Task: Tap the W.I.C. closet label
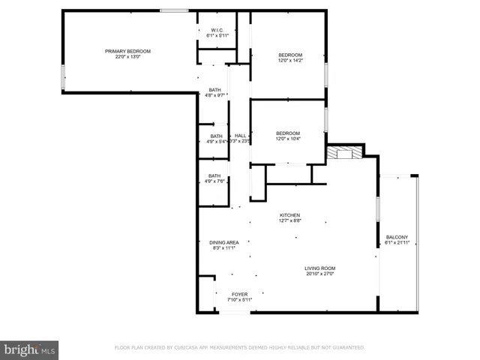217,30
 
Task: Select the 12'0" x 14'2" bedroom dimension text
290,61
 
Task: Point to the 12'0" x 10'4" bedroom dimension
288,139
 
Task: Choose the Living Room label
319,268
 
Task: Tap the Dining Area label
223,242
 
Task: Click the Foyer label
239,294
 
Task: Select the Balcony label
397,237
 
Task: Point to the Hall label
240,136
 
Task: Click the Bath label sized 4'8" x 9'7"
215,89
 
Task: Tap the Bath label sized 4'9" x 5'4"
216,136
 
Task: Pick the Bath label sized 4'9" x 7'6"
214,175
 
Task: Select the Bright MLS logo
30,349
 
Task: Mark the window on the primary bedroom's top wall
174,10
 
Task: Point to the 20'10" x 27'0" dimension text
319,274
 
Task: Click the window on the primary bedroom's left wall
63,76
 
